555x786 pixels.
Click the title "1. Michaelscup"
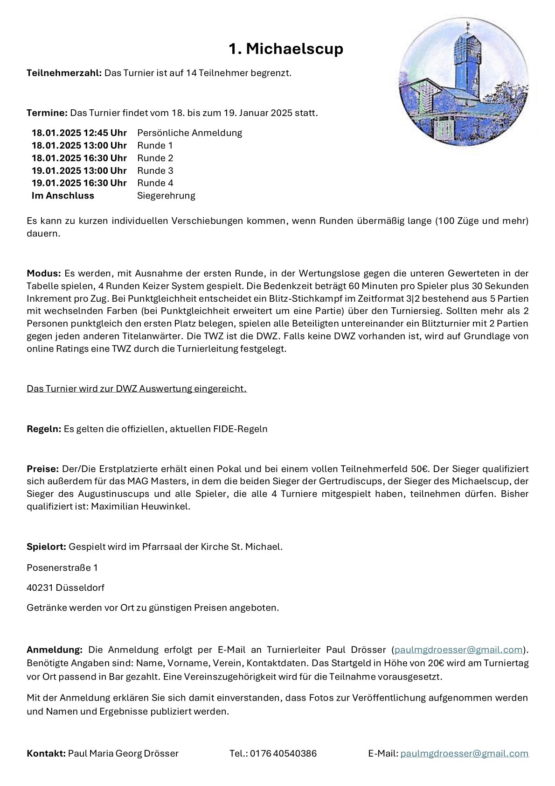[x=285, y=49]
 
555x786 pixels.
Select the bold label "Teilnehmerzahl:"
[x=64, y=73]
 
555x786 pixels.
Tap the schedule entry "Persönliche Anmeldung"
[x=189, y=133]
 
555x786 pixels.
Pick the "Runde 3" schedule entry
[x=155, y=170]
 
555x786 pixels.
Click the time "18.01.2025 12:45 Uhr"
[x=79, y=133]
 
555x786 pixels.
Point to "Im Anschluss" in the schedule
[x=63, y=196]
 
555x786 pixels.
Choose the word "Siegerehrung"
[x=166, y=196]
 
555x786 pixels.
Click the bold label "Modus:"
[x=44, y=273]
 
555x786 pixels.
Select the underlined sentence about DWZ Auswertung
[x=137, y=389]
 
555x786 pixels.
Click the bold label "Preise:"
[x=42, y=468]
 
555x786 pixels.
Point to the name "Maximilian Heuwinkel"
[x=140, y=507]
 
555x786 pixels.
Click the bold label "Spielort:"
[x=47, y=546]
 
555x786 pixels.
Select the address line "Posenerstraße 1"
[x=62, y=568]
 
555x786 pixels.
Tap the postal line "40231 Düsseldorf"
[x=65, y=588]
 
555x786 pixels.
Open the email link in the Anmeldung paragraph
[x=458, y=650]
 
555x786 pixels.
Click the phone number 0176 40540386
[x=283, y=753]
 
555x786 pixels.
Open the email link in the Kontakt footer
[x=464, y=753]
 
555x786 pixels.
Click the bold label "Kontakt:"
[x=46, y=753]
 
